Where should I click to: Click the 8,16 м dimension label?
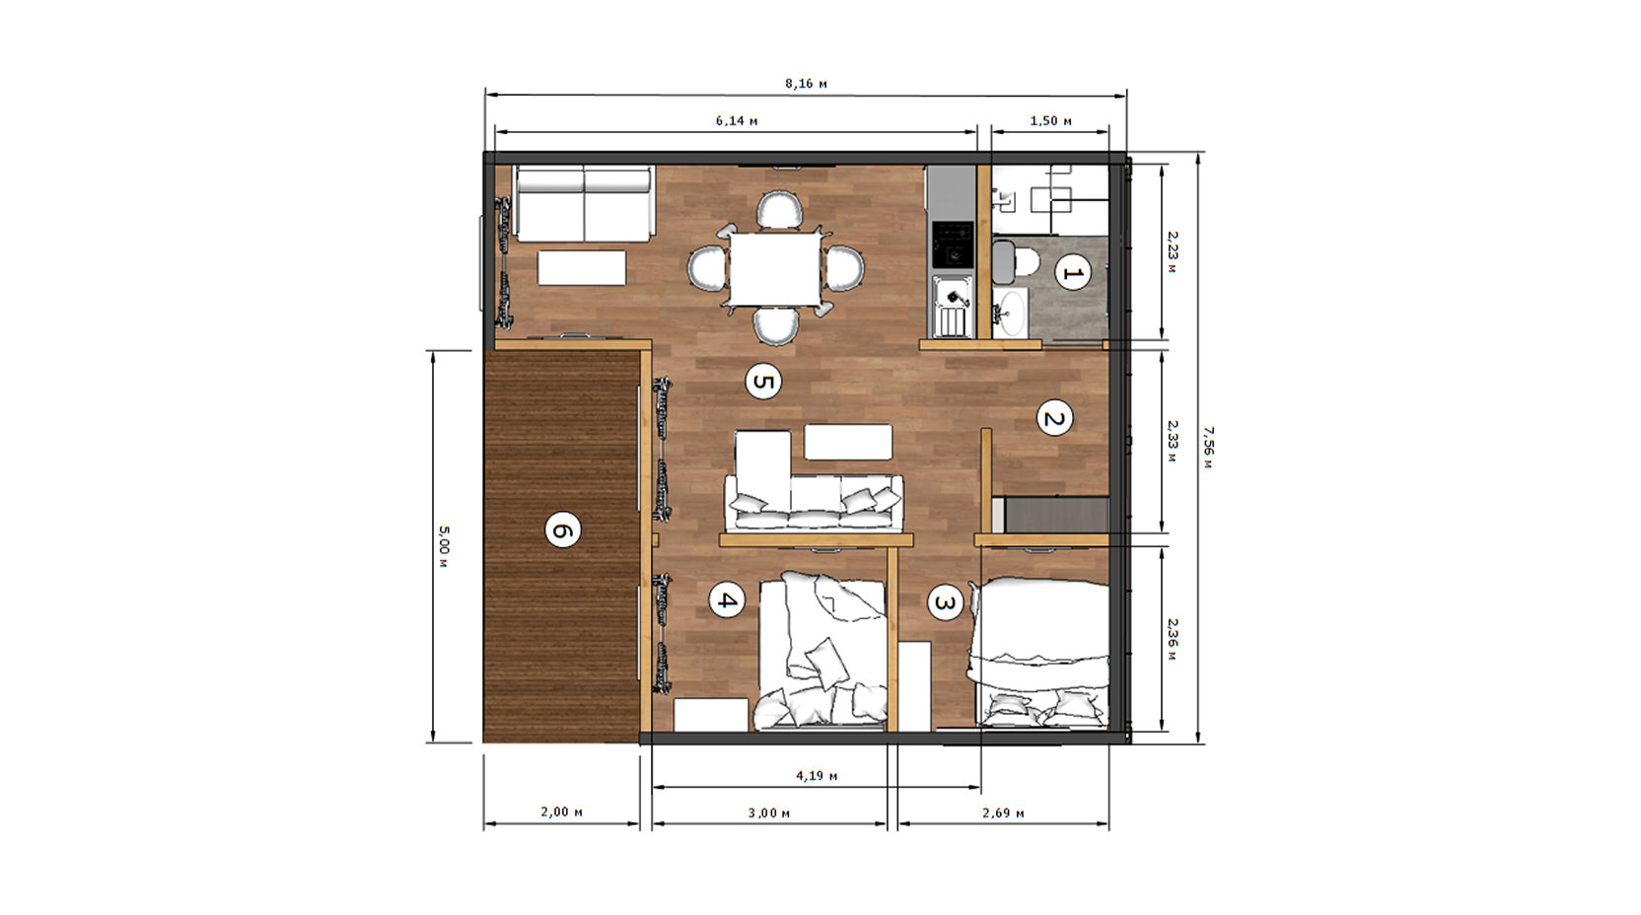[x=806, y=84]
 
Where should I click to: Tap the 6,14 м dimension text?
[x=737, y=121]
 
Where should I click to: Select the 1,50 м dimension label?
[x=1050, y=121]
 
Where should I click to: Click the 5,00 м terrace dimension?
[x=443, y=546]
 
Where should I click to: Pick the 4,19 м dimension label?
[x=817, y=776]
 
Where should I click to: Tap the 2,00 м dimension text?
[x=562, y=811]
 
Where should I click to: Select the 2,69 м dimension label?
[x=1003, y=813]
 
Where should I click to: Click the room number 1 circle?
[x=1072, y=273]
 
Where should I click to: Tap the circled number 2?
[x=1054, y=418]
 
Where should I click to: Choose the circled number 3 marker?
[x=945, y=602]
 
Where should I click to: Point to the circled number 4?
[x=727, y=600]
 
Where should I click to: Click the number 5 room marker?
[x=763, y=382]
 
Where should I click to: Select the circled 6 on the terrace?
[x=563, y=528]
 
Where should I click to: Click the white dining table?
[x=775, y=269]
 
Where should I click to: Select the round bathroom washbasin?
[x=1011, y=313]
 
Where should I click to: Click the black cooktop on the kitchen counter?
[x=952, y=245]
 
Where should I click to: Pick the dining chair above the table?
[x=779, y=209]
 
